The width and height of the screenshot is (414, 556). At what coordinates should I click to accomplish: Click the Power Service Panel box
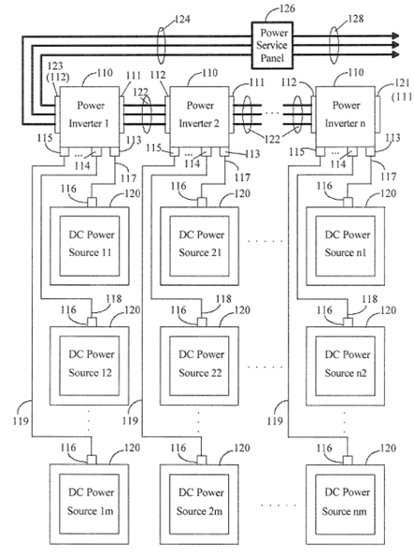coord(273,45)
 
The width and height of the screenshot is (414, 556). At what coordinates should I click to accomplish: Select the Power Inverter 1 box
coord(89,117)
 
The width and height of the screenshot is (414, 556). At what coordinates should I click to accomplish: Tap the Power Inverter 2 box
coord(199,117)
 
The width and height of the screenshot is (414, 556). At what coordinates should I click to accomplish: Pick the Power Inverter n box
coord(345,117)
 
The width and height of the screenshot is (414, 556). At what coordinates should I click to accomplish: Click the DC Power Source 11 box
coord(90,246)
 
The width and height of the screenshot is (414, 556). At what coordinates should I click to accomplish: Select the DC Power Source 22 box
coord(199,365)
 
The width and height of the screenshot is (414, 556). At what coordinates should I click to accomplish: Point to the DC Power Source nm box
coord(345,505)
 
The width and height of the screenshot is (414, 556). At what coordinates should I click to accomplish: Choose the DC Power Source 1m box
coord(90,505)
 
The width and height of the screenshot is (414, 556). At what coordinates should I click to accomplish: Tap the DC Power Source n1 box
coord(345,246)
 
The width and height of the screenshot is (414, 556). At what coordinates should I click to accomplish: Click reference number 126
coord(287,7)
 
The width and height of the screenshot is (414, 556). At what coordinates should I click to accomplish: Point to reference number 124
coord(182,19)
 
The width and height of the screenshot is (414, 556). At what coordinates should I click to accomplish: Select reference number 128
coord(356,19)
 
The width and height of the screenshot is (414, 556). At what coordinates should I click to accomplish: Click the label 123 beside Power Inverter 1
coord(55,65)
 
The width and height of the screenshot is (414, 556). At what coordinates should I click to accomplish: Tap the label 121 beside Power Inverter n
coord(402,83)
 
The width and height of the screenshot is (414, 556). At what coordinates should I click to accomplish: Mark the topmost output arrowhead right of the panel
coord(395,36)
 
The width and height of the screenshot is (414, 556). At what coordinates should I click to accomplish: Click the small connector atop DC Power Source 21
coord(202,203)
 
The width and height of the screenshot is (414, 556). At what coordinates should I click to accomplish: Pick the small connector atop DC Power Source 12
coord(92,322)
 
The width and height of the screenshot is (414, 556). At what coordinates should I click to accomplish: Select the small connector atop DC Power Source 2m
coord(202,461)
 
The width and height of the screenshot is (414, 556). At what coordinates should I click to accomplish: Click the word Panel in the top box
coord(272,58)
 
